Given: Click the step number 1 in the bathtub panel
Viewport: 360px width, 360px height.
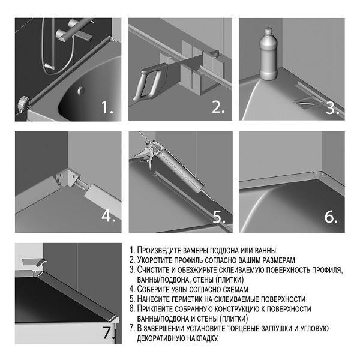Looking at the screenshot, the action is [107, 107].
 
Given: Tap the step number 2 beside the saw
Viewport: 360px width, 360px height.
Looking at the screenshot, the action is [218, 107].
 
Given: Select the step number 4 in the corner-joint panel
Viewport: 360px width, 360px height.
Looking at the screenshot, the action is [108, 215].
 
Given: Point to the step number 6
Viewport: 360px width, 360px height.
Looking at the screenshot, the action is [331, 217].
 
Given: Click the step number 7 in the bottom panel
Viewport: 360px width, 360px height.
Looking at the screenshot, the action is [109, 332].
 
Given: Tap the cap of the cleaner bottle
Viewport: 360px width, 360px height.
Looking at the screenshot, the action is [268, 31].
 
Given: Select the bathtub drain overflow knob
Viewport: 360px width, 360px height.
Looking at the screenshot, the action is [80, 91].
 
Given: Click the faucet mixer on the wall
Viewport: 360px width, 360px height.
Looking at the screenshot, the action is [73, 32].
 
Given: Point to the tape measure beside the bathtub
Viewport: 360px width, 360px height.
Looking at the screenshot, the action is [23, 104].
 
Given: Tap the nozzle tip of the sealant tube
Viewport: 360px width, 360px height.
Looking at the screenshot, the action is [212, 199].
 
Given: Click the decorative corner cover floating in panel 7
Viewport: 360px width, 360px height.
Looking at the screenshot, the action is [34, 262].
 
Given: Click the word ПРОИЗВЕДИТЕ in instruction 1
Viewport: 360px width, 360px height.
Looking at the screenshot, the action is [160, 250].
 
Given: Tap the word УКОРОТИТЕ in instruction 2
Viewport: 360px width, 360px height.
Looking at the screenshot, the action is [155, 260].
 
